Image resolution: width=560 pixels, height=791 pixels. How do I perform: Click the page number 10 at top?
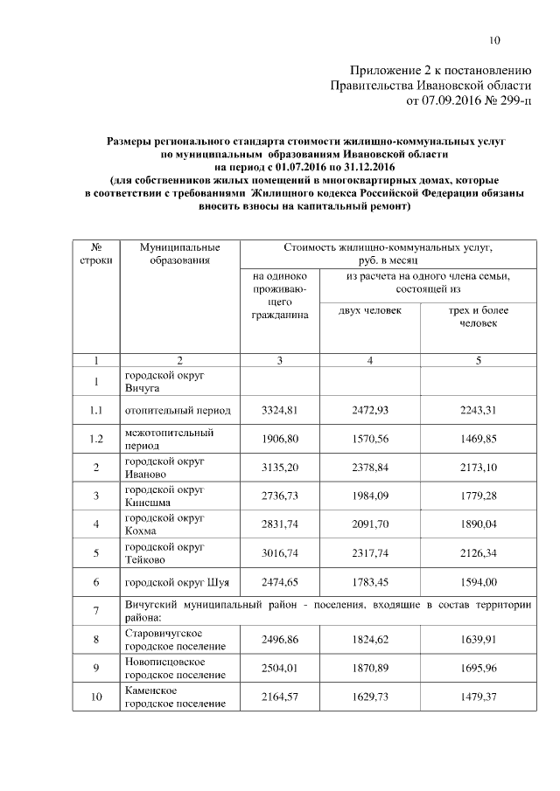coord(494,40)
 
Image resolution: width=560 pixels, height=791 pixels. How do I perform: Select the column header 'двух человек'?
coord(370,310)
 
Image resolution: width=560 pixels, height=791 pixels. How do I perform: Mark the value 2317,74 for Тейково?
coord(370,553)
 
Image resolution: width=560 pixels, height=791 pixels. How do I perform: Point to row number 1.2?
coord(94,439)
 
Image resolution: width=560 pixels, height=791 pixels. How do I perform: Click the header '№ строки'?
coord(94,254)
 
